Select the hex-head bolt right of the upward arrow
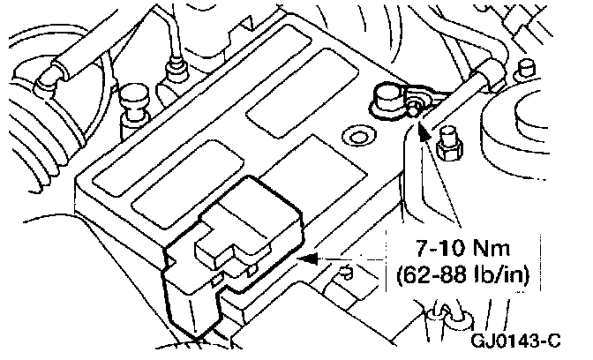447,143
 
